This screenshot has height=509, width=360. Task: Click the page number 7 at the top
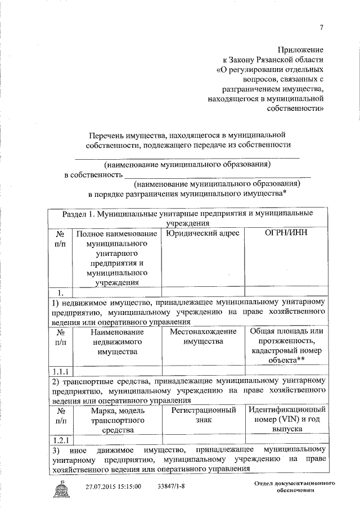(321, 28)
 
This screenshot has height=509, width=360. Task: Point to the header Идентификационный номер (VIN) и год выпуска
(287, 419)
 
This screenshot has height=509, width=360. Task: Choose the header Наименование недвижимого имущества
(117, 341)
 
